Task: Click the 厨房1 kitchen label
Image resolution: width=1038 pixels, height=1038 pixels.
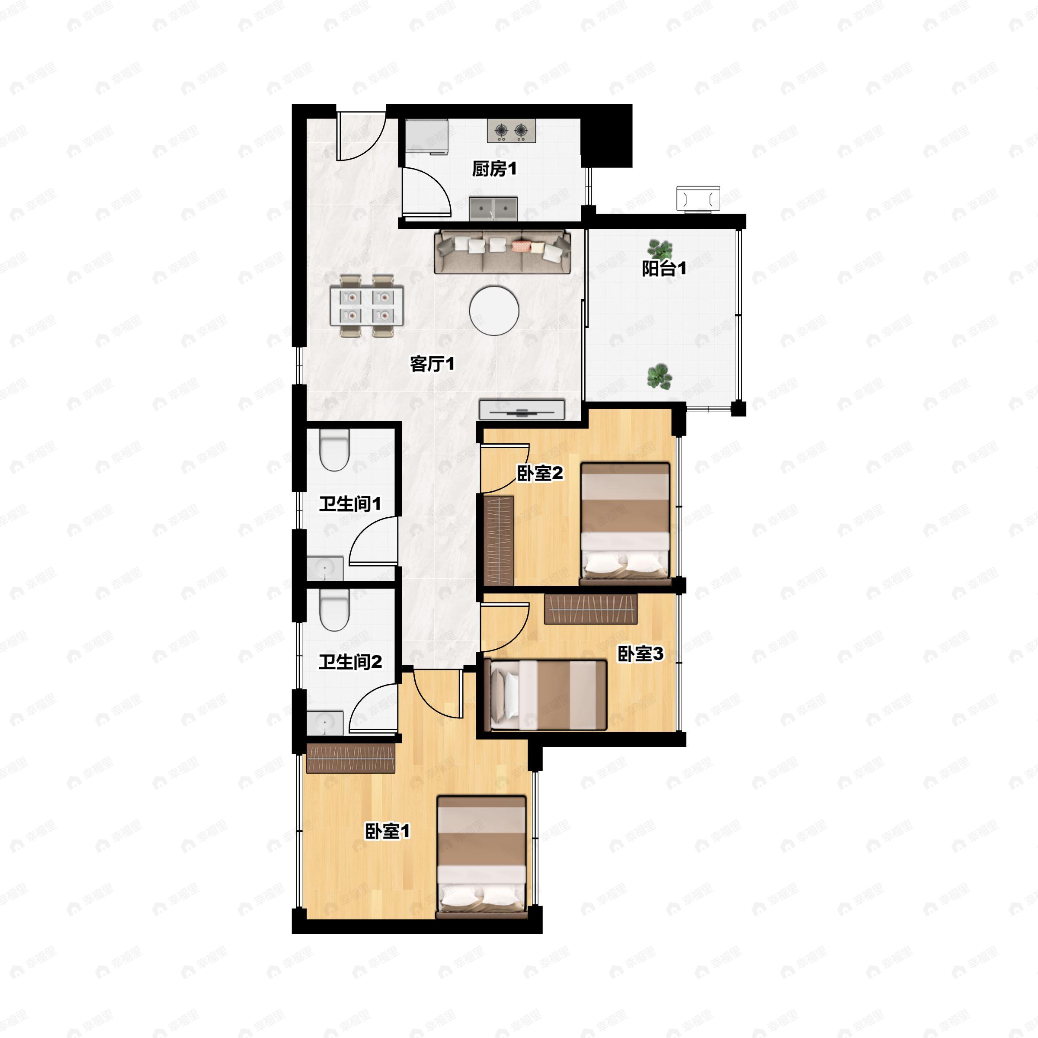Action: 494,169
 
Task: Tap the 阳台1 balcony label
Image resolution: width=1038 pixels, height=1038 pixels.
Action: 664,268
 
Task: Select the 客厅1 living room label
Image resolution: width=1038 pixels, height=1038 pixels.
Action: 432,364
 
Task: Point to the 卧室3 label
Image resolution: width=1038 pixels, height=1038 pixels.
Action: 641,654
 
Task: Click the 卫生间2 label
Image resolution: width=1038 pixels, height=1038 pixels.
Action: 350,661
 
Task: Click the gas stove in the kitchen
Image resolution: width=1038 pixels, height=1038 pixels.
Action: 512,131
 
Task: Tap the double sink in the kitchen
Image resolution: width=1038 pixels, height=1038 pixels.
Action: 493,208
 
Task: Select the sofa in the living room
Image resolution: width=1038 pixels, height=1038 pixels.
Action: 502,251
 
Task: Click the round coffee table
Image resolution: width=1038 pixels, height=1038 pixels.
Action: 494,310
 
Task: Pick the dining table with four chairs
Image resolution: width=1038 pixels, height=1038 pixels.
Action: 367,306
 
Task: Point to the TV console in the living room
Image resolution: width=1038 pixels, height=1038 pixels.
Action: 521,410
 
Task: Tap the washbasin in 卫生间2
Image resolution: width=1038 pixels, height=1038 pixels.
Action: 324,723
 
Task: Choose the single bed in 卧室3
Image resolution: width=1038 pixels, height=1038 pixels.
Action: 545,695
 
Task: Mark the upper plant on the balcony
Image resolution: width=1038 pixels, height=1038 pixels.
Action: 659,249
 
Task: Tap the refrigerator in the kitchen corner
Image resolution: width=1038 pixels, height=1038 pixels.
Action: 427,137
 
